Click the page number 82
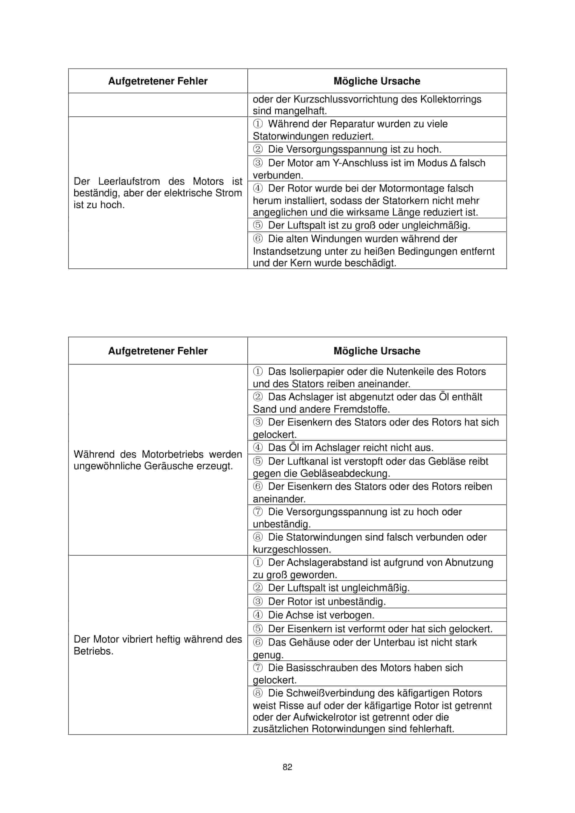[x=287, y=767]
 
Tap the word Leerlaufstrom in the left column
[x=129, y=181]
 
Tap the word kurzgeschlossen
[x=292, y=550]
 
